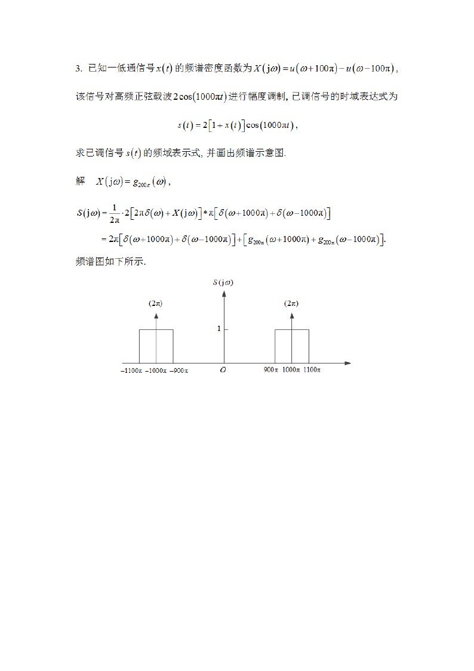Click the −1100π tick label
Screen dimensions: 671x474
point(131,370)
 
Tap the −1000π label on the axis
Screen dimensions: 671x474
point(156,370)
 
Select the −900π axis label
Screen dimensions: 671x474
point(178,370)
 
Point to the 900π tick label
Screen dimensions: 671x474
point(271,370)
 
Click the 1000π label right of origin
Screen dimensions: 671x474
point(291,370)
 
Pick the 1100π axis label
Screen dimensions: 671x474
point(312,370)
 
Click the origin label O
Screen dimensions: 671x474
point(223,370)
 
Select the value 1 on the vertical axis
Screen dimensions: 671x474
point(218,329)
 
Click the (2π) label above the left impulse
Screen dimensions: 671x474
point(155,304)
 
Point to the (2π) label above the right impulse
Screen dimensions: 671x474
point(291,304)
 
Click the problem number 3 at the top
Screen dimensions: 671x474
point(78,69)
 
